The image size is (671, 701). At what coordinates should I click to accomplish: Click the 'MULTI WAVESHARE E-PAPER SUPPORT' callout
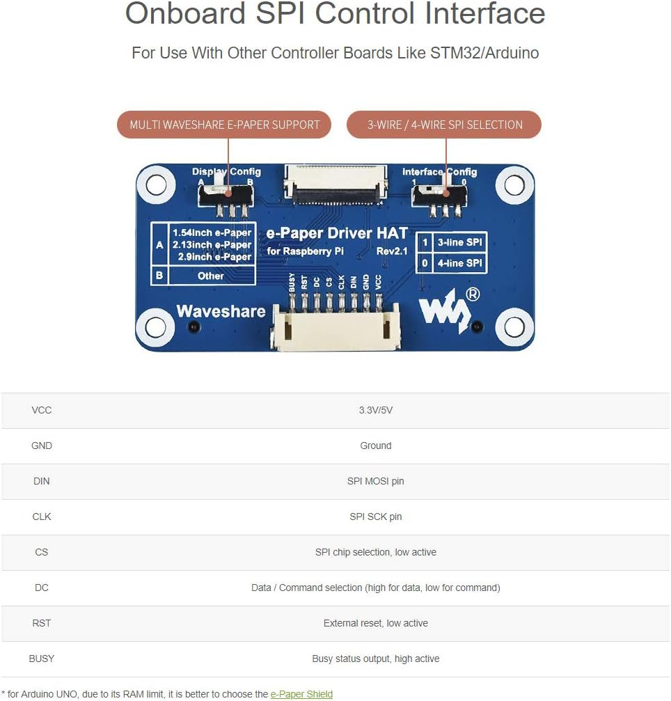pyautogui.click(x=224, y=125)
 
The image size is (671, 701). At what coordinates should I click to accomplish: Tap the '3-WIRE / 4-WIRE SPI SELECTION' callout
pyautogui.click(x=444, y=125)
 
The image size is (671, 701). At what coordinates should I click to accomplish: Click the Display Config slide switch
pyautogui.click(x=226, y=195)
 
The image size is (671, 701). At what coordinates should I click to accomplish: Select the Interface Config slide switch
pyautogui.click(x=439, y=196)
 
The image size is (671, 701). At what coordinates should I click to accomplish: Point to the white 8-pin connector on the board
pyautogui.click(x=335, y=326)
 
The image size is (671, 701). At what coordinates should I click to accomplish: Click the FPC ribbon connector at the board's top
pyautogui.click(x=335, y=185)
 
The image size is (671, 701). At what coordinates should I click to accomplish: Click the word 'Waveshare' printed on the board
pyautogui.click(x=221, y=311)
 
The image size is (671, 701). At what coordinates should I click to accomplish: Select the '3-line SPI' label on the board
pyautogui.click(x=460, y=242)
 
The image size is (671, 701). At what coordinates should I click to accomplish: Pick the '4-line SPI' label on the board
pyautogui.click(x=460, y=263)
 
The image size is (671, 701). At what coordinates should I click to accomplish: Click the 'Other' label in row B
pyautogui.click(x=210, y=276)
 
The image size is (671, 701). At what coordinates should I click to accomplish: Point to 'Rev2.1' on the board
pyautogui.click(x=392, y=251)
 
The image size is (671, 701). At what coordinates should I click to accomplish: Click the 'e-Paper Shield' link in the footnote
pyautogui.click(x=301, y=694)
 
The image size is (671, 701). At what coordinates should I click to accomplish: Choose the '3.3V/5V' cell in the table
pyautogui.click(x=375, y=410)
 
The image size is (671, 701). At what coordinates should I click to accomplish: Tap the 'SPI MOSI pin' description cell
pyautogui.click(x=375, y=481)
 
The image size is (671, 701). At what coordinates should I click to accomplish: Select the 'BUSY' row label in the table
pyautogui.click(x=42, y=659)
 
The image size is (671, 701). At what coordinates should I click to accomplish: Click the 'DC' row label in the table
pyautogui.click(x=42, y=588)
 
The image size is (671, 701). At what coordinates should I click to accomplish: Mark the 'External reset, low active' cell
pyautogui.click(x=375, y=623)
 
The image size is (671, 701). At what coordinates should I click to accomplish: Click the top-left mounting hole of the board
pyautogui.click(x=156, y=184)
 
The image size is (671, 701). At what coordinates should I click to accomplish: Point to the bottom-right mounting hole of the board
pyautogui.click(x=514, y=327)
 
